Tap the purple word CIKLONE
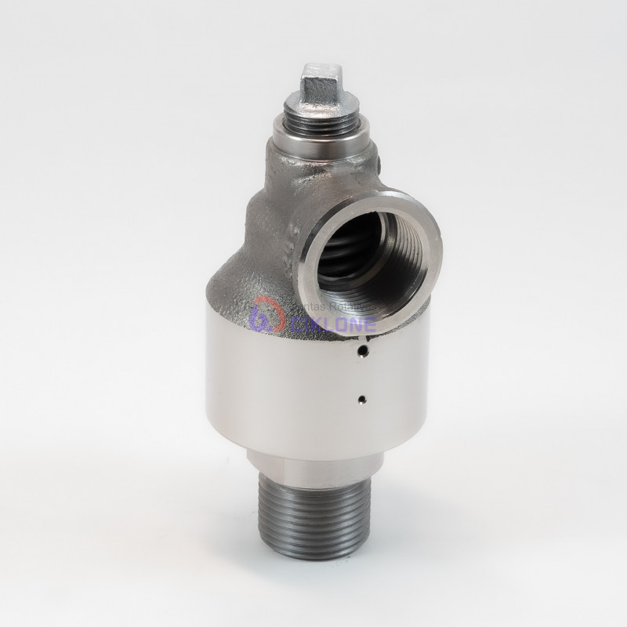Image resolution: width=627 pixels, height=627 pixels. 345,322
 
